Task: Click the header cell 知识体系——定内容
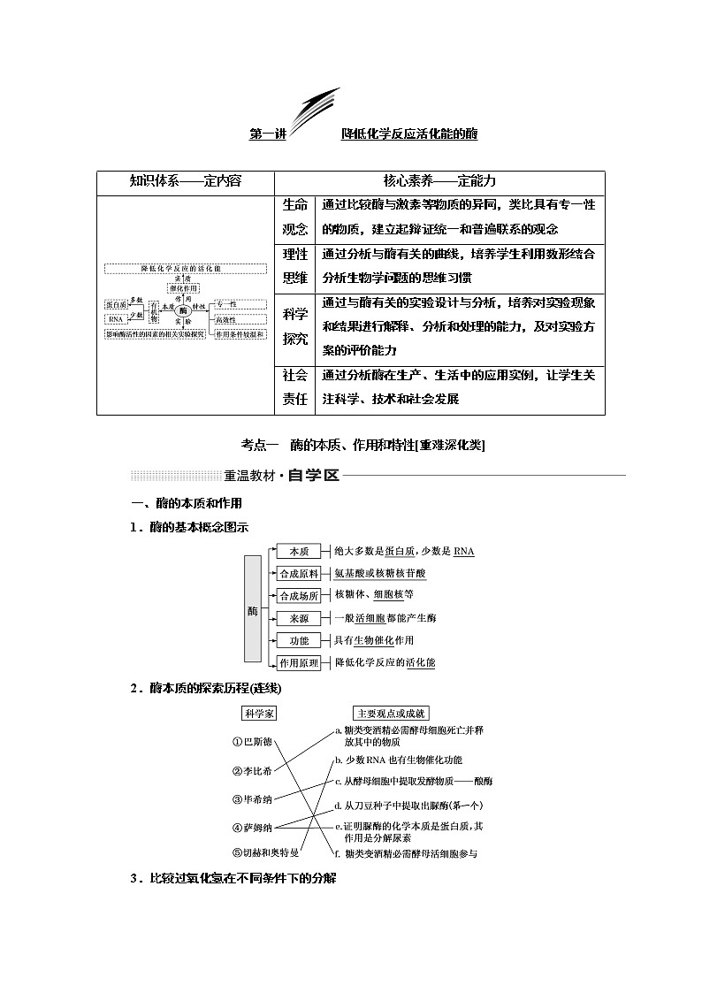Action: pyautogui.click(x=186, y=180)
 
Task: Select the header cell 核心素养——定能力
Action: pyautogui.click(x=439, y=180)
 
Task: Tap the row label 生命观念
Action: pyautogui.click(x=295, y=217)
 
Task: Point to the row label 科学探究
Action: pyautogui.click(x=295, y=325)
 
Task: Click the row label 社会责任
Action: pyautogui.click(x=295, y=386)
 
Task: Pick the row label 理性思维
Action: pyautogui.click(x=295, y=266)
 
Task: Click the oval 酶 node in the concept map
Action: pyautogui.click(x=183, y=311)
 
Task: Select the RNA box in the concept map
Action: pyautogui.click(x=116, y=319)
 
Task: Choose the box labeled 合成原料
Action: pyautogui.click(x=298, y=574)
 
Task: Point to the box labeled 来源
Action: pyautogui.click(x=298, y=618)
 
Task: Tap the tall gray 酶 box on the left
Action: pyautogui.click(x=253, y=608)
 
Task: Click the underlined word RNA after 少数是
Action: pyautogui.click(x=463, y=552)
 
